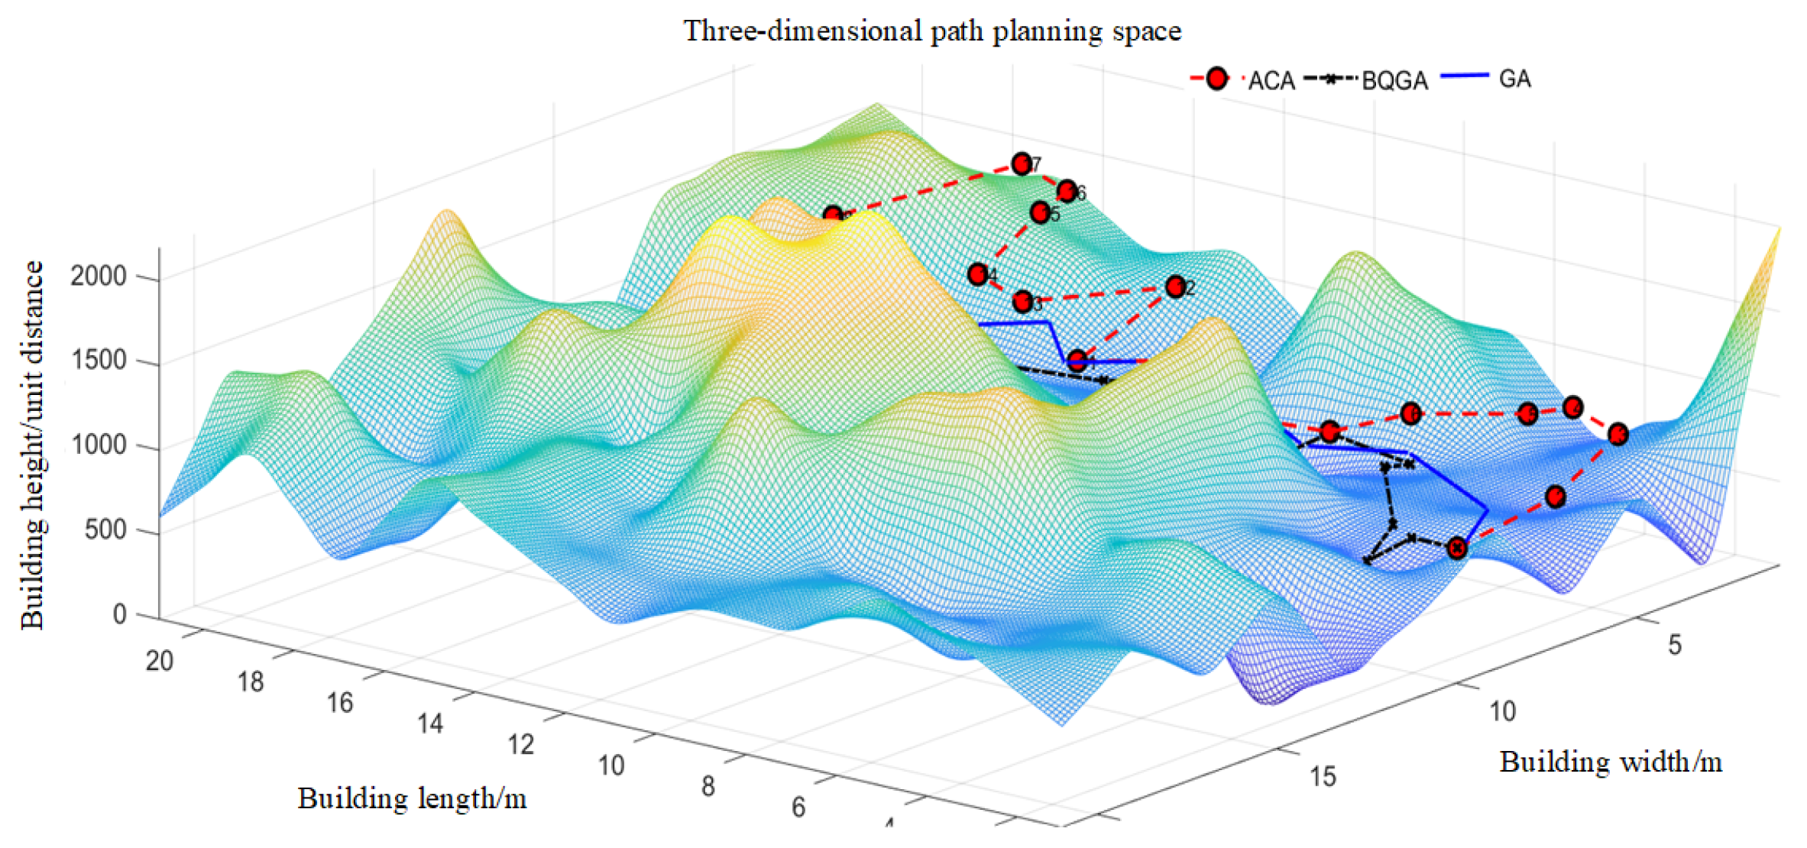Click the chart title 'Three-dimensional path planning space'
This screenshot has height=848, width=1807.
pos(932,31)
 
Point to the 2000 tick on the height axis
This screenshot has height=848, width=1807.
pos(99,276)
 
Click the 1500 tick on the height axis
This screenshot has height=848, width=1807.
pos(99,360)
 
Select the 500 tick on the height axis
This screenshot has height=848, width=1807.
pos(105,529)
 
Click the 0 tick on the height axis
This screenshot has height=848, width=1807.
pos(119,614)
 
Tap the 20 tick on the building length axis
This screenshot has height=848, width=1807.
pos(160,661)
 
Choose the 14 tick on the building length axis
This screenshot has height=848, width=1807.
pos(430,723)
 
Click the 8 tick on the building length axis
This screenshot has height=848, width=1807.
pos(708,786)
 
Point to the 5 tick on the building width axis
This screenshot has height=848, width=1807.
pos(1675,646)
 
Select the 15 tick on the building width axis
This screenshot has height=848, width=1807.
pos(1323,776)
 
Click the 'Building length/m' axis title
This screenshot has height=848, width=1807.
pos(412,798)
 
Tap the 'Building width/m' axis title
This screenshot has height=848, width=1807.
pos(1611,762)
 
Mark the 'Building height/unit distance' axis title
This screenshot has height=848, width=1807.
pos(33,445)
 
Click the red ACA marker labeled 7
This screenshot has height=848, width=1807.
pos(1022,163)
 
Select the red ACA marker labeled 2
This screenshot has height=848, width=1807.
pos(1176,286)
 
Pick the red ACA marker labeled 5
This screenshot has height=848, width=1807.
pos(1040,212)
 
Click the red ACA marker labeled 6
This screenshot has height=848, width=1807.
pos(1067,190)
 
